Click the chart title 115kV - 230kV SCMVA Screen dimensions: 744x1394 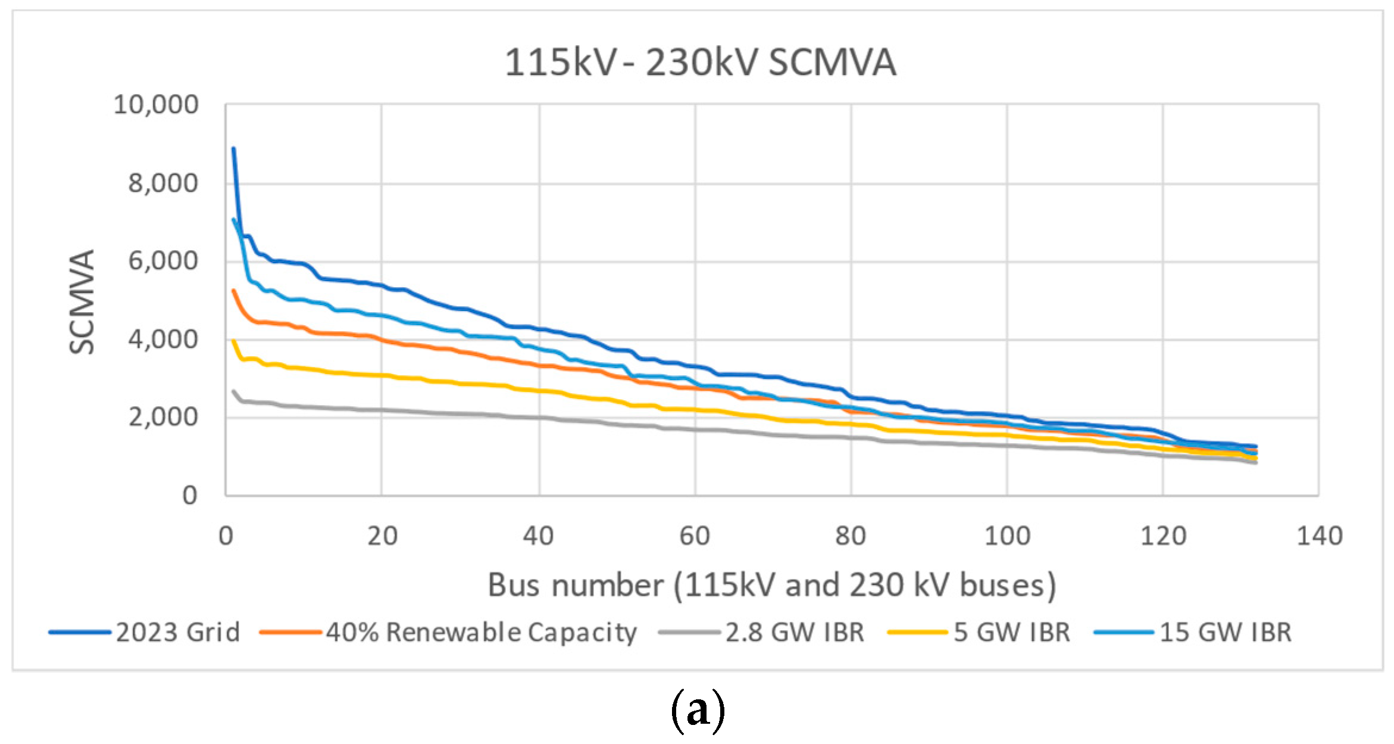coord(700,63)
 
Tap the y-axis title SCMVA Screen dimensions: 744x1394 coord(83,302)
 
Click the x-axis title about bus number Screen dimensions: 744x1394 coord(771,585)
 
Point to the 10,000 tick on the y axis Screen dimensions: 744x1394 coord(156,105)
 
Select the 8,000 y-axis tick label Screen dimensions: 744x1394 coord(163,183)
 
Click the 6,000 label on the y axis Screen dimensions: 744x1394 coord(163,262)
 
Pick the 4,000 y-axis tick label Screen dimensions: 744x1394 coord(163,340)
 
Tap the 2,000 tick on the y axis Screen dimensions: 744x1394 coord(163,418)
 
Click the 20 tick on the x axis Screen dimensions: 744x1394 coord(382,537)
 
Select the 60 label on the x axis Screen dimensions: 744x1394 coord(695,537)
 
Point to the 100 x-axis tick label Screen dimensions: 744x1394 coord(1007,537)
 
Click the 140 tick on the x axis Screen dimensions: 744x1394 coord(1319,537)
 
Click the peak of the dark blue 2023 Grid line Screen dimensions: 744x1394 coord(233,148)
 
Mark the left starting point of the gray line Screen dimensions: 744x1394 coord(233,391)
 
